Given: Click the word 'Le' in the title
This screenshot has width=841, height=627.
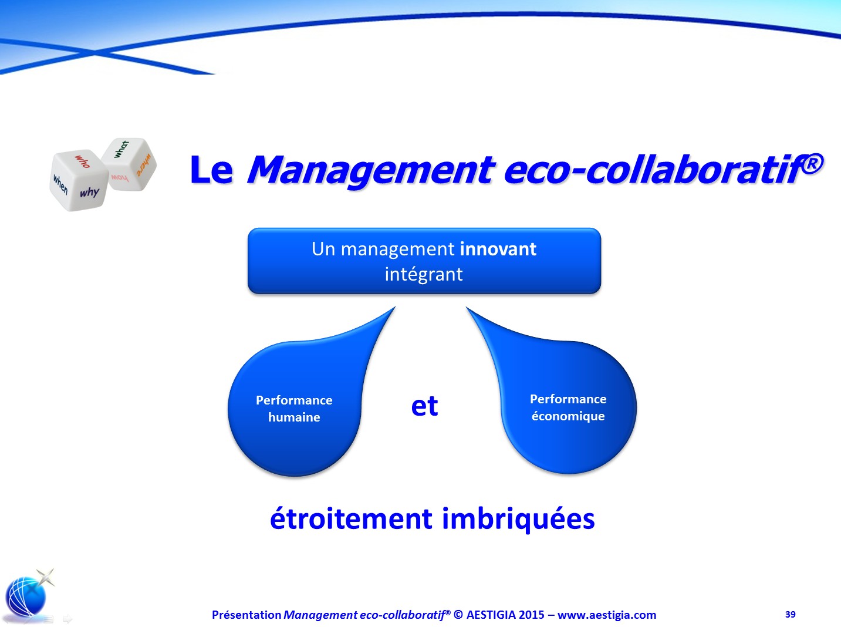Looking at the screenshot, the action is (211, 170).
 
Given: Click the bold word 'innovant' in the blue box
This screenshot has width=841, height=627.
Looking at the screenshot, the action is (498, 249).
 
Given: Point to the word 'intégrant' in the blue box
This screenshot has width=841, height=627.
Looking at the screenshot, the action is (424, 274).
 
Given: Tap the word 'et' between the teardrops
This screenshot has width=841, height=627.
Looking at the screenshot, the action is (424, 406).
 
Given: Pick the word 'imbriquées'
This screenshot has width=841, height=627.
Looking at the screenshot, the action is (518, 520).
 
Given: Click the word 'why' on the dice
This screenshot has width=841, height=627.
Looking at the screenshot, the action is (90, 192).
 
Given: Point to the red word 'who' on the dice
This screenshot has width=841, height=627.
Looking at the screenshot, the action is (83, 161).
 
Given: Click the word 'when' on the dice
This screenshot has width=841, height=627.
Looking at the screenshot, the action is (60, 184).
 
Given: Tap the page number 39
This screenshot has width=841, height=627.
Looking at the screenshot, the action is (790, 614).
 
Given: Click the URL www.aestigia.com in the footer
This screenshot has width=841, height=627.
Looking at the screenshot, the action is (607, 615).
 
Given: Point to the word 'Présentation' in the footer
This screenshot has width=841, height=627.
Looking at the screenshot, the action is (246, 615).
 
